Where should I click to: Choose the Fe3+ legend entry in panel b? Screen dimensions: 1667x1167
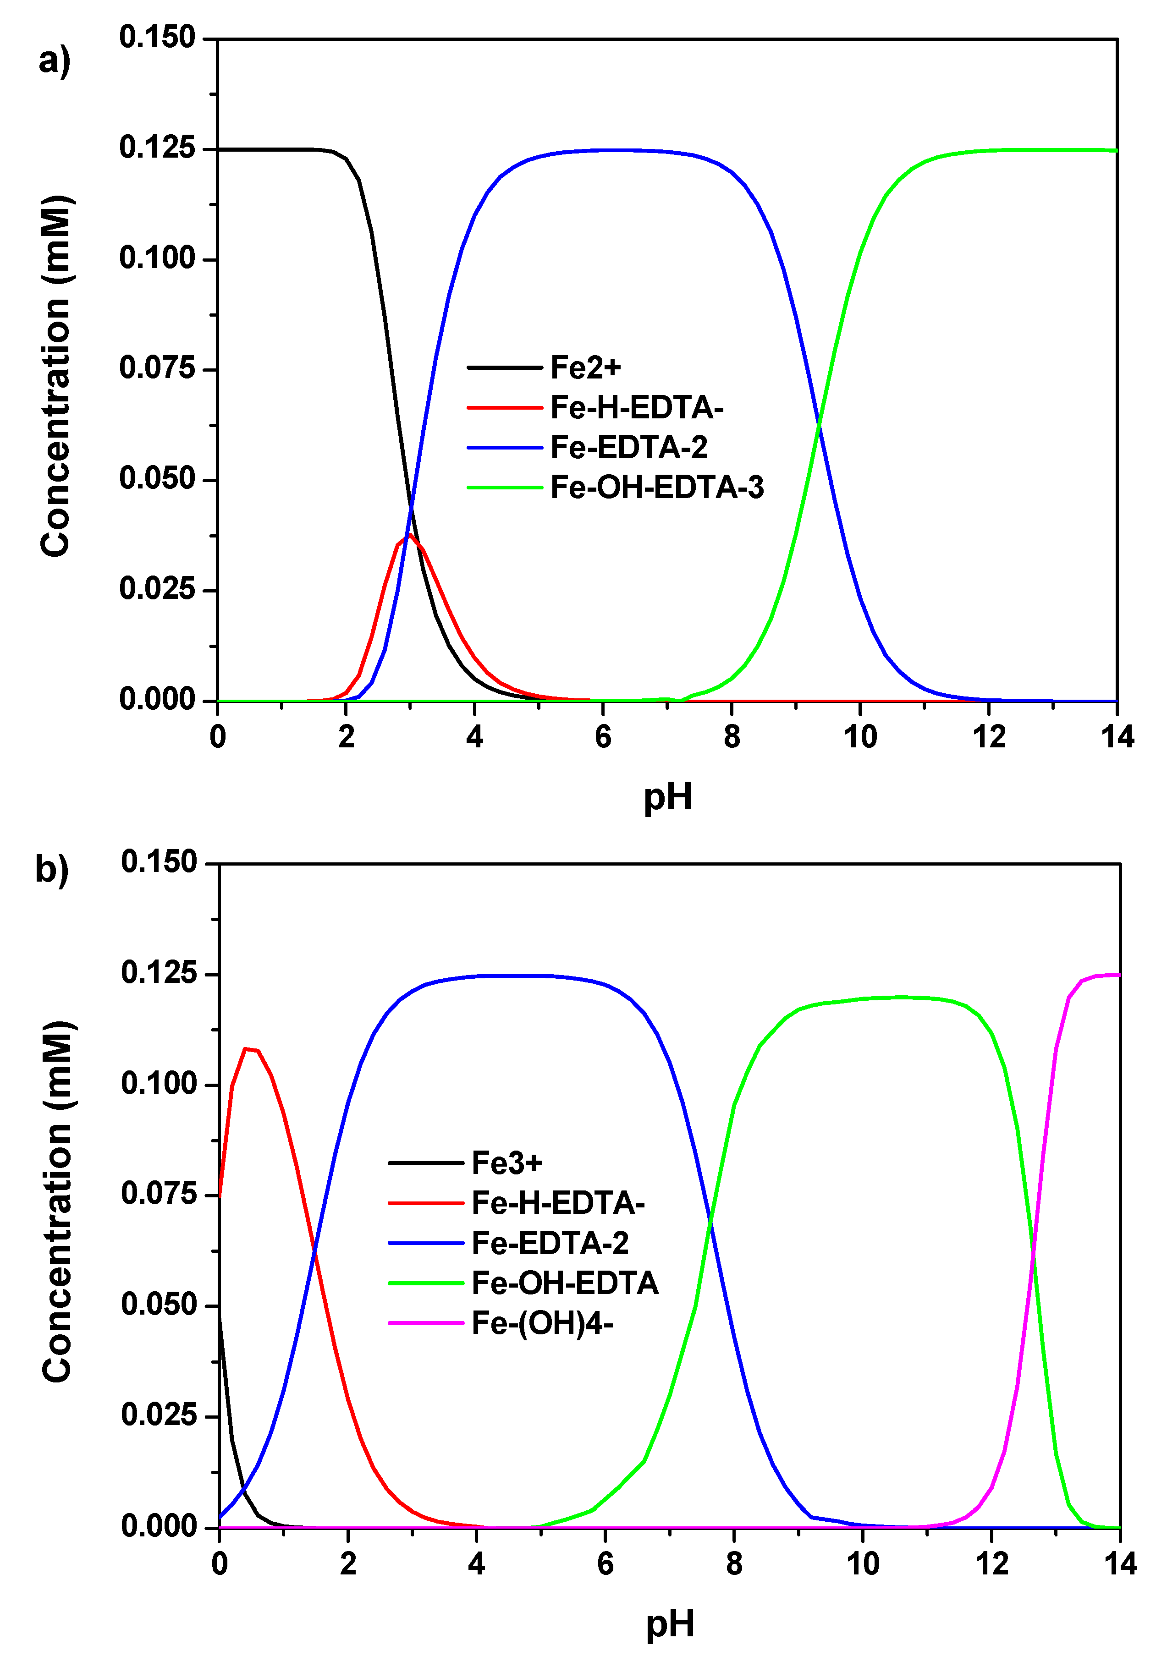[506, 1163]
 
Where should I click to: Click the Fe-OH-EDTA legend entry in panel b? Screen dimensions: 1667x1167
[564, 1283]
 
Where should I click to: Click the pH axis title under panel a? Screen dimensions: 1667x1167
[667, 797]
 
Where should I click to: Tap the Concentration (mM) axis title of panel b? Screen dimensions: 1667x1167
[57, 1201]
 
